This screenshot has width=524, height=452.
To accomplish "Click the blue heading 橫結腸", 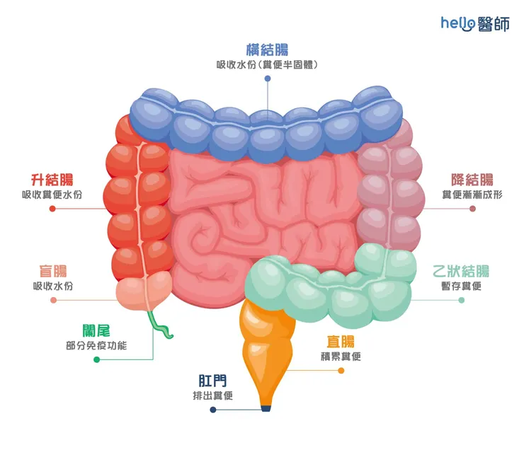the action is coord(267,50).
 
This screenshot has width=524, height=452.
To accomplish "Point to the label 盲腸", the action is coord(53,272).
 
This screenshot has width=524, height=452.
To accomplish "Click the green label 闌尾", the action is coord(96,330).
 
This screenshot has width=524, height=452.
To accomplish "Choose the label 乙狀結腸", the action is coord(461,272).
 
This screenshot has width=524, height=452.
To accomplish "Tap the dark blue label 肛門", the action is coord(213,380).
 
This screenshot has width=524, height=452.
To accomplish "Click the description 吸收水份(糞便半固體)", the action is coord(267,65).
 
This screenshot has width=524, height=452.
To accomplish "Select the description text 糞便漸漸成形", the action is coord(472,195).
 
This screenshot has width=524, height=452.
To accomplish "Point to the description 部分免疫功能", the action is coord(96,345).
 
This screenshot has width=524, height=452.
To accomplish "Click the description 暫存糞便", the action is coord(461,286).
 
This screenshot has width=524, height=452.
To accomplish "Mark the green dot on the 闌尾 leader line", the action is coord(96,359).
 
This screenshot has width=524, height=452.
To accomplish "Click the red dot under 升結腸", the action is coord(52,209).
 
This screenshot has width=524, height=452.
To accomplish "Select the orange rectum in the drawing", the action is coord(268,347).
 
